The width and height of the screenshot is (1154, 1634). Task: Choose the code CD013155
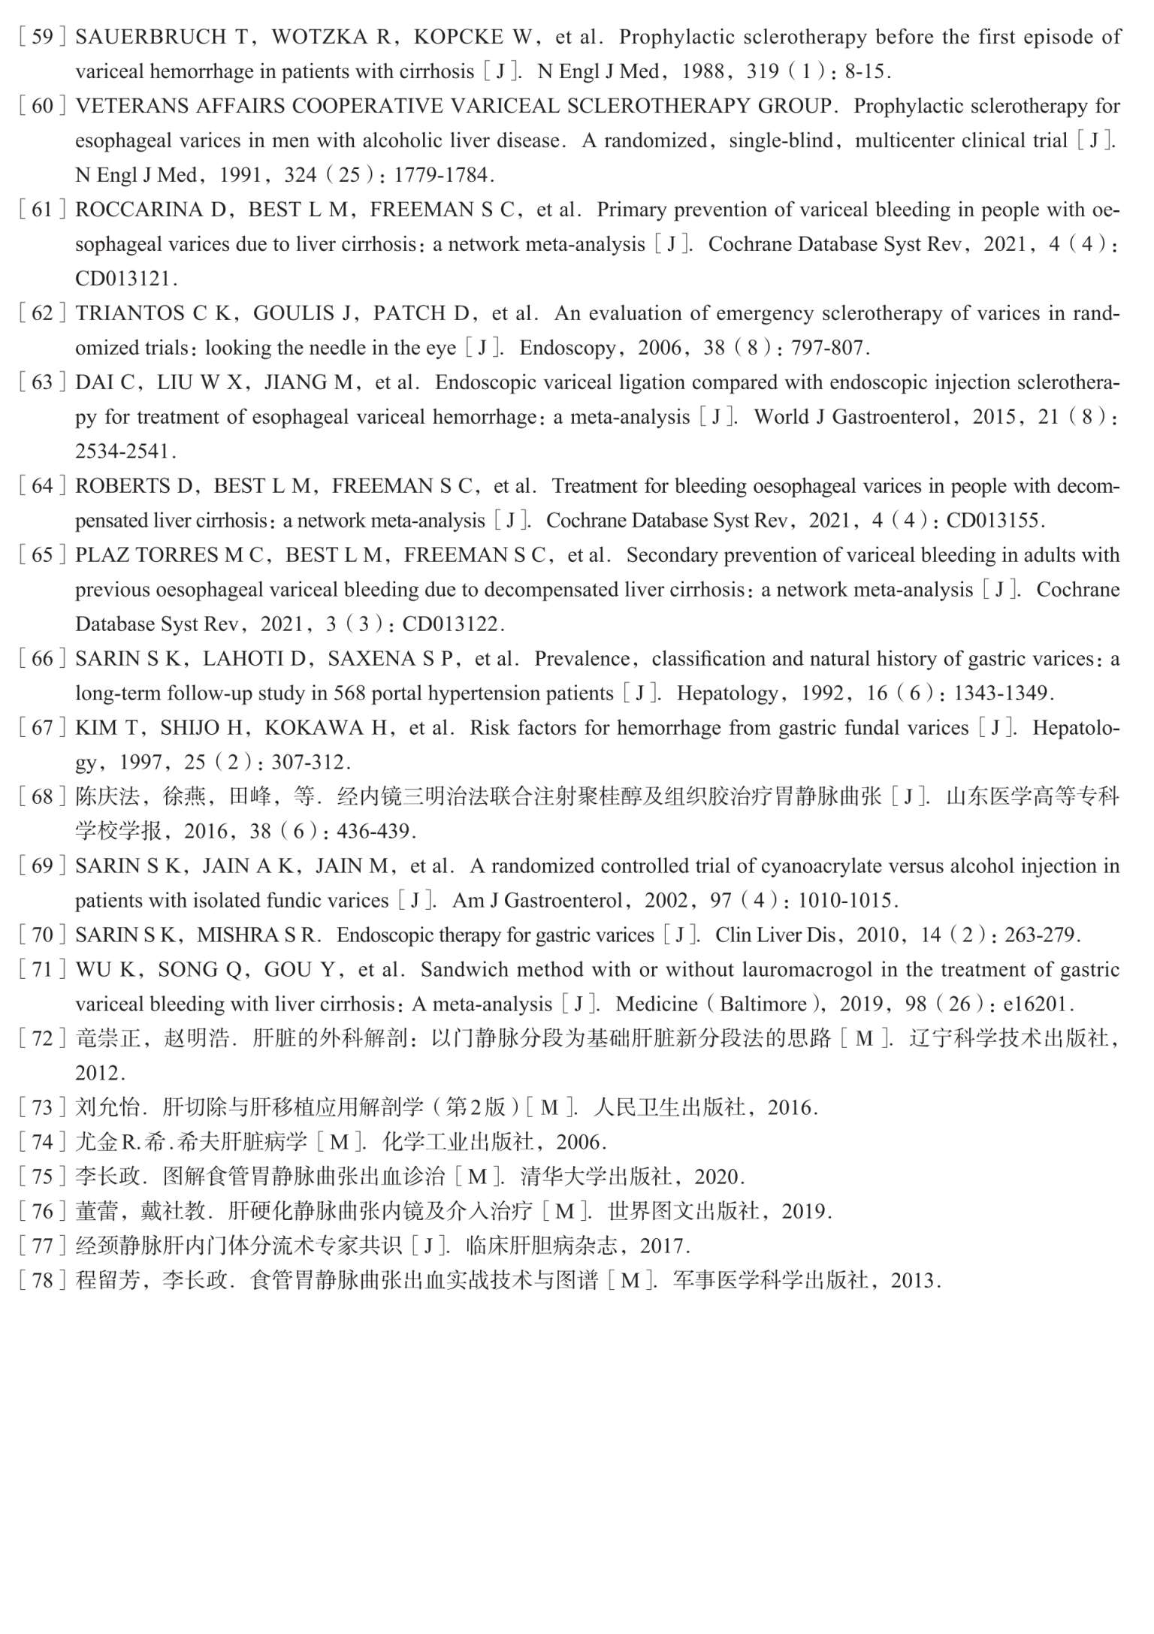click(x=994, y=521)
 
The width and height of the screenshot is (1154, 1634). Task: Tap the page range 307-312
click(x=310, y=763)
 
